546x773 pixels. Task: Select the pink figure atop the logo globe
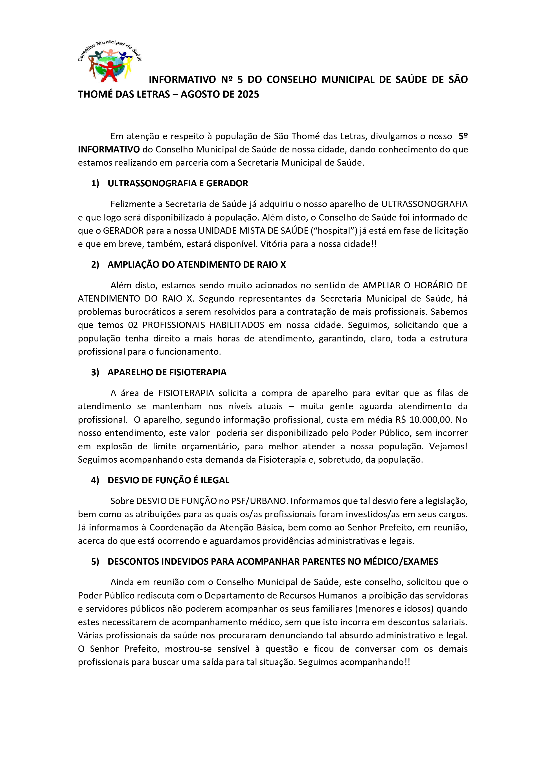click(110, 53)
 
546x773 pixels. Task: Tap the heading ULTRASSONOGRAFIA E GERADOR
click(178, 184)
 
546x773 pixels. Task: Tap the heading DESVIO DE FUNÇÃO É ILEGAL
click(168, 480)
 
